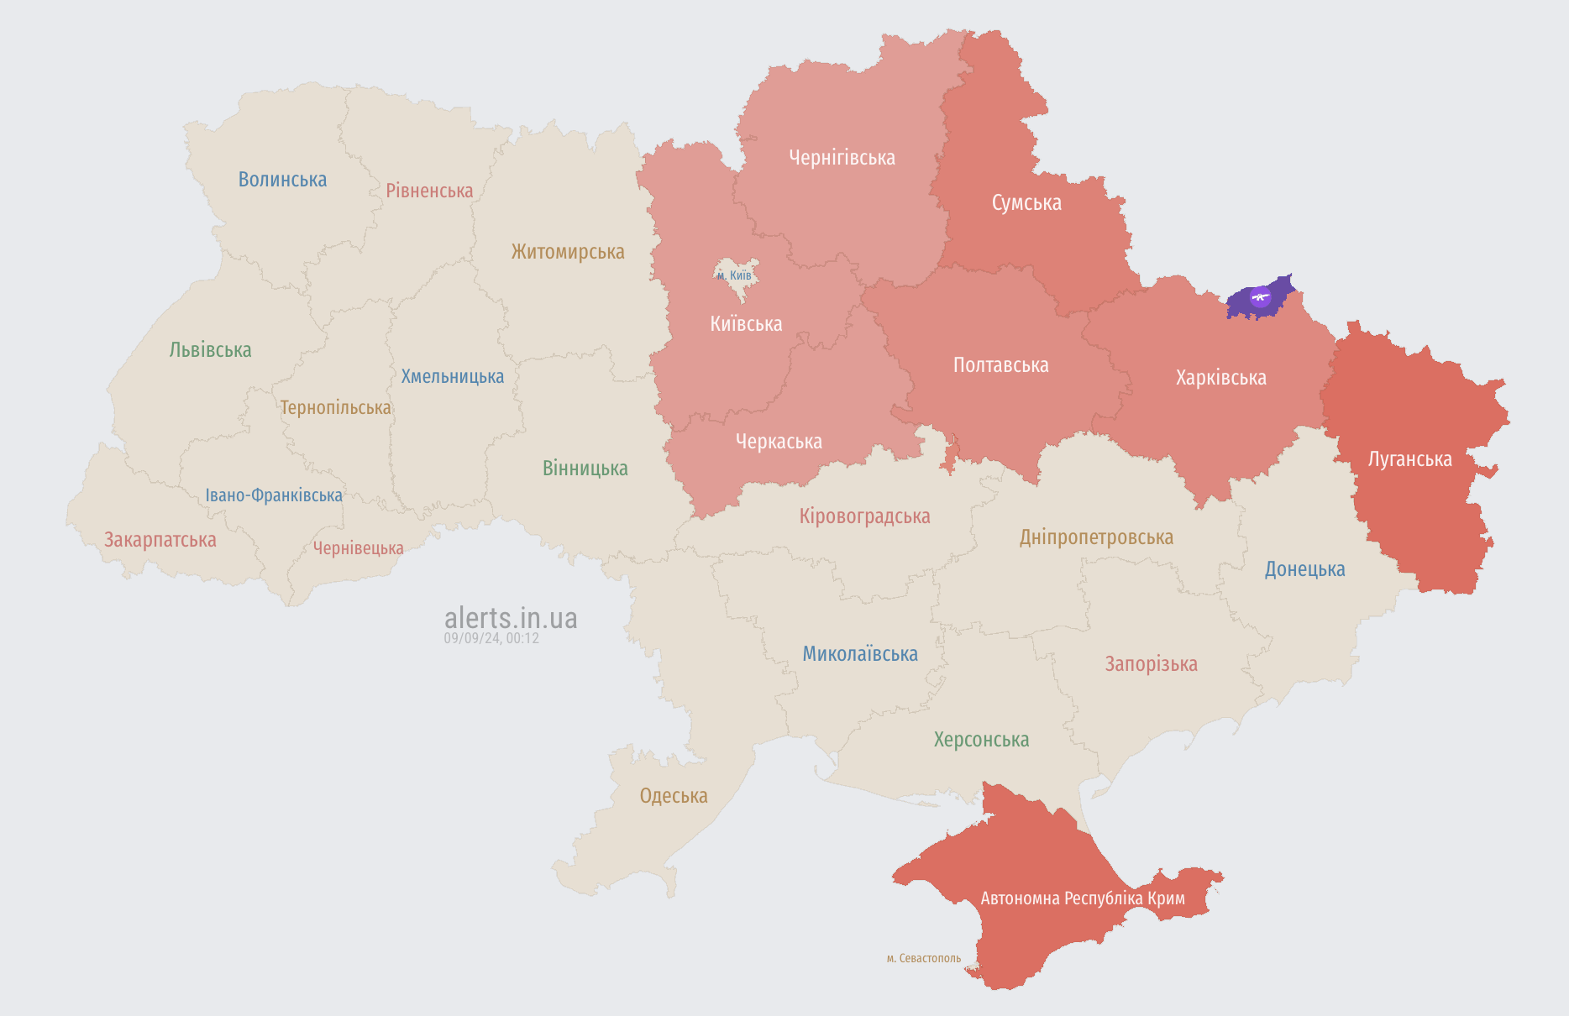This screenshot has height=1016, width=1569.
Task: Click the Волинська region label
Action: [282, 180]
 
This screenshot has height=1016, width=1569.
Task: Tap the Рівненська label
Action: [429, 191]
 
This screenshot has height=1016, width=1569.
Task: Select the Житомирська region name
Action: [568, 252]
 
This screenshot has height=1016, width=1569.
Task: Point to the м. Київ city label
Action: [734, 275]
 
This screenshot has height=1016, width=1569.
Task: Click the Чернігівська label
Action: [842, 158]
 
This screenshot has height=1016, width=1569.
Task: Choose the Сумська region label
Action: [1026, 203]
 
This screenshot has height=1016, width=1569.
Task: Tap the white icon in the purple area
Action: [1260, 296]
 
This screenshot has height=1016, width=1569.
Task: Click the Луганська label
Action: [1409, 459]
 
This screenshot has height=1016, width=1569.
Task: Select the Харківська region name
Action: [1220, 378]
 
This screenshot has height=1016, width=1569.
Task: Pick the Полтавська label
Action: [1000, 365]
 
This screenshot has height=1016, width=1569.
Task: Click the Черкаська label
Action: [779, 442]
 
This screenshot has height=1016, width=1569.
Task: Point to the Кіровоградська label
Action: [864, 516]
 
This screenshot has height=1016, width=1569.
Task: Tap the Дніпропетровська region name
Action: [1096, 537]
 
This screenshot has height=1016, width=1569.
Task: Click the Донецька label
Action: [1304, 569]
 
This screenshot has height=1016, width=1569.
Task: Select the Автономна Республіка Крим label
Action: [1083, 898]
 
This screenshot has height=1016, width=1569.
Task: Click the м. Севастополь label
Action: [923, 958]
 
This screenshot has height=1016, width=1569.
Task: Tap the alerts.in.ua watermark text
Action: [511, 618]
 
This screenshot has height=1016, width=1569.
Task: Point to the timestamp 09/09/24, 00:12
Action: [491, 638]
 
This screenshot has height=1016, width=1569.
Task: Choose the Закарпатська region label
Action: [160, 540]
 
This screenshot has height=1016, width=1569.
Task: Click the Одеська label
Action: [674, 796]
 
